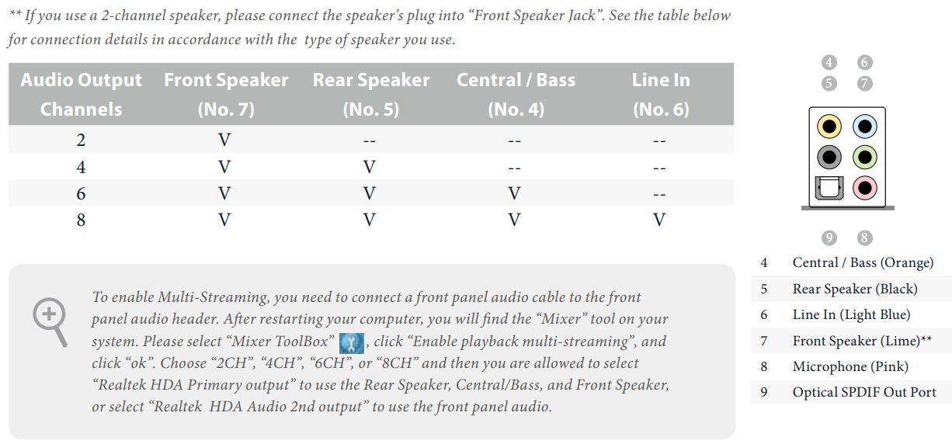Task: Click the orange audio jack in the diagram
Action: [x=829, y=127]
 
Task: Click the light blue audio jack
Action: [x=864, y=127]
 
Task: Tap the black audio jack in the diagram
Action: [x=829, y=158]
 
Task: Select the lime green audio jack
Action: [x=864, y=158]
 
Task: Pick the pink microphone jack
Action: [x=864, y=188]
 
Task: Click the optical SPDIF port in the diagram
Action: [x=829, y=188]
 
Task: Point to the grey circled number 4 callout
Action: [x=829, y=62]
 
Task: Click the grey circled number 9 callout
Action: [x=829, y=238]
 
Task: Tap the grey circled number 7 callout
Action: [x=864, y=83]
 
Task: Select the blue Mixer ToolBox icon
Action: [x=352, y=343]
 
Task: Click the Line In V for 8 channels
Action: [x=659, y=220]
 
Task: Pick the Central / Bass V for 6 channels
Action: [x=514, y=193]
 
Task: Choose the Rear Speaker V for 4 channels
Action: [x=370, y=167]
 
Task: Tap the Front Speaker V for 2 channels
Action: [x=224, y=140]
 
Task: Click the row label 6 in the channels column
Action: [x=81, y=194]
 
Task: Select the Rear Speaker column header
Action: [x=371, y=95]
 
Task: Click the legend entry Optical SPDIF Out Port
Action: [x=864, y=392]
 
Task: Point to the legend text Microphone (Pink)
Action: [x=850, y=366]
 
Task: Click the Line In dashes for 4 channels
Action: [x=659, y=168]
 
